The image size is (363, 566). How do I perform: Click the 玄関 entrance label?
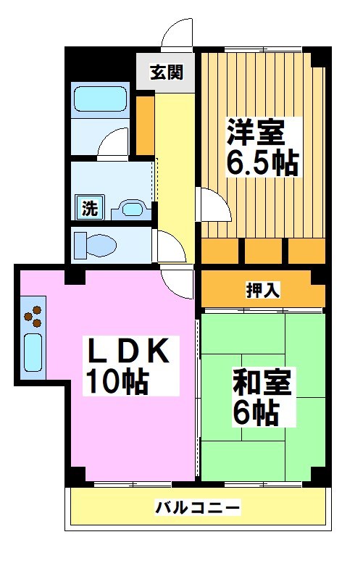[x=166, y=72]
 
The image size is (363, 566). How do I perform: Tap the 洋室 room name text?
[x=256, y=132]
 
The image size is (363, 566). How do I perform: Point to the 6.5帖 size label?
[x=262, y=164]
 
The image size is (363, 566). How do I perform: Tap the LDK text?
[x=130, y=352]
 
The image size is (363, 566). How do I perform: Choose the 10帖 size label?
[x=116, y=381]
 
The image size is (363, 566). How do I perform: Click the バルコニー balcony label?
[x=197, y=507]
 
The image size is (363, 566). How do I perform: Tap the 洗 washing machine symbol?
[x=89, y=209]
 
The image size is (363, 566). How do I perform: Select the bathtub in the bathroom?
[x=101, y=99]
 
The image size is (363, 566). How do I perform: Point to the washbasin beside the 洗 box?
[x=132, y=209]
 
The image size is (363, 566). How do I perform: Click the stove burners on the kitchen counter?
[x=33, y=315]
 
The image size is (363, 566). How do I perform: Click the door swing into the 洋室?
[x=214, y=206]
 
